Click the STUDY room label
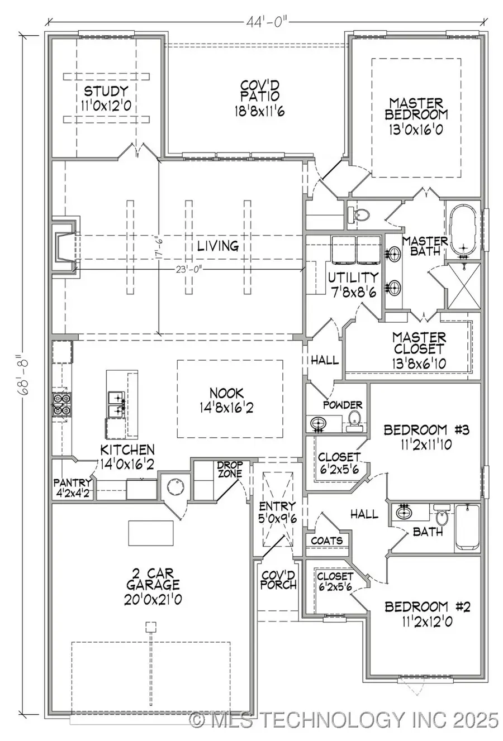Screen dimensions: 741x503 [106, 91]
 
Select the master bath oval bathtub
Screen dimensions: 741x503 [463, 230]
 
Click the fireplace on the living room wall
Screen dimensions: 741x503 [64, 248]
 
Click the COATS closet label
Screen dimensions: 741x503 [327, 541]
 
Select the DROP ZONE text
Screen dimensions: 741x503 [230, 470]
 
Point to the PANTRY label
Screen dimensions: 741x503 [72, 482]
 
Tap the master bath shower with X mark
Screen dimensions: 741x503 [463, 286]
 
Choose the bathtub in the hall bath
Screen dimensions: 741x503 [467, 527]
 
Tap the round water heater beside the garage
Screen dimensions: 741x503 [174, 487]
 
